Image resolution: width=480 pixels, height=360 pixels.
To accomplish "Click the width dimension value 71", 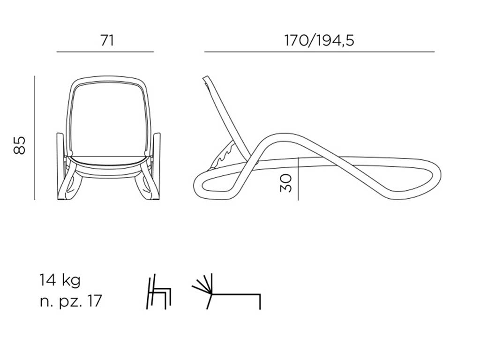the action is (x=107, y=40).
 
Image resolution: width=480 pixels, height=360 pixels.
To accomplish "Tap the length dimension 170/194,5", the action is (x=319, y=40).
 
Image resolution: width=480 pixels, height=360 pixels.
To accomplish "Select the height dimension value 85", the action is (x=19, y=145).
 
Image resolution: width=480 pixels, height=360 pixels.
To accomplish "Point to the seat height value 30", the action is (x=285, y=183).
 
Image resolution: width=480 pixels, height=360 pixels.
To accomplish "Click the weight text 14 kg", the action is (x=60, y=281).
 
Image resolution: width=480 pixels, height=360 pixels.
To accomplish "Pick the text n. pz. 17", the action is (x=70, y=301).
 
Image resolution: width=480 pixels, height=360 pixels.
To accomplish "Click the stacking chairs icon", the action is (x=159, y=292).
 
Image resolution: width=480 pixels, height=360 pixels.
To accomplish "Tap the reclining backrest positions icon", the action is (x=226, y=291).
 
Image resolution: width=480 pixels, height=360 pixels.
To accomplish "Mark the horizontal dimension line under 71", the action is (x=105, y=52).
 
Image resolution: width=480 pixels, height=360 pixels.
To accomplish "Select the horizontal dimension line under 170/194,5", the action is (x=320, y=52).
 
